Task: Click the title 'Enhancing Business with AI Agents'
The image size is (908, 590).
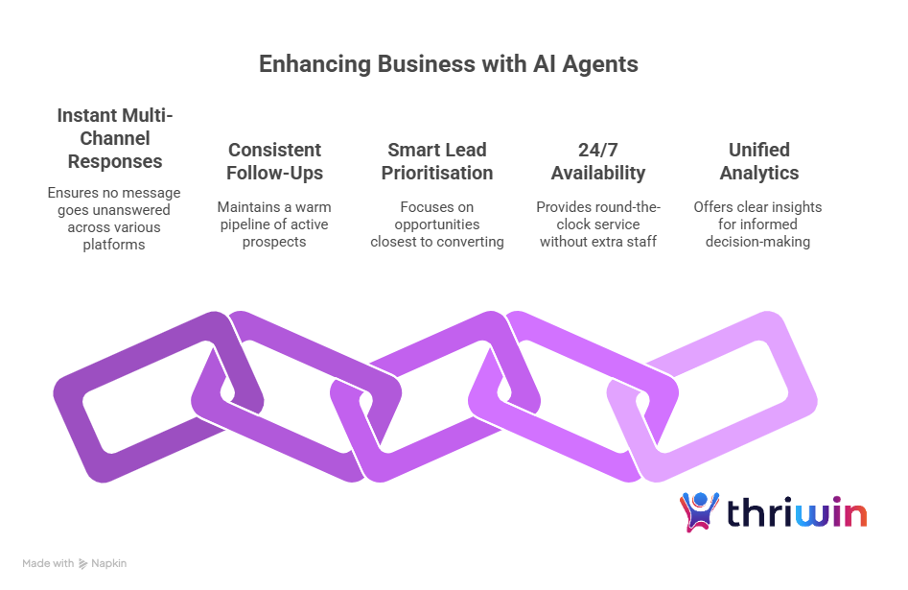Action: click(x=449, y=64)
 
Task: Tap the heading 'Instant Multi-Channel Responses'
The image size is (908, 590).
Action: click(x=114, y=138)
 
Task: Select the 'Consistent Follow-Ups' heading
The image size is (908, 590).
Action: click(x=274, y=161)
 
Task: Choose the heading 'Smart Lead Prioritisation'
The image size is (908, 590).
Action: click(x=436, y=161)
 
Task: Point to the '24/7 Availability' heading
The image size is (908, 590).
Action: click(x=597, y=161)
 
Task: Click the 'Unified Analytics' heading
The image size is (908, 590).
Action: click(x=757, y=161)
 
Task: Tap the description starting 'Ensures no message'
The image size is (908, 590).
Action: click(x=114, y=219)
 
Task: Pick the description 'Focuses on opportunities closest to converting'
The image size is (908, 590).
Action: click(x=436, y=224)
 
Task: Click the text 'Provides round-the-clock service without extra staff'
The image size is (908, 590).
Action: click(x=597, y=224)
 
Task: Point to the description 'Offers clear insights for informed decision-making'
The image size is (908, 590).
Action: click(x=757, y=224)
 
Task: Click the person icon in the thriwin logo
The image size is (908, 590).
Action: click(x=699, y=512)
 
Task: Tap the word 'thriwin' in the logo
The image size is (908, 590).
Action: click(x=797, y=513)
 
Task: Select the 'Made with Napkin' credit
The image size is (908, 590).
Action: click(x=74, y=563)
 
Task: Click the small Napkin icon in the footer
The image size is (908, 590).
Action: click(x=83, y=563)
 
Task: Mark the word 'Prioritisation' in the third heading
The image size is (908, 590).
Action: click(x=436, y=174)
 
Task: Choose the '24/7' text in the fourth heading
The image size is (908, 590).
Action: click(x=597, y=150)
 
